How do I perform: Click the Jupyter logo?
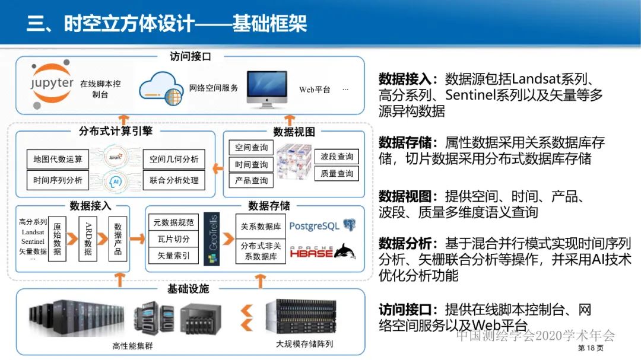(52, 82)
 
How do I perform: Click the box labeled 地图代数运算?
(58, 159)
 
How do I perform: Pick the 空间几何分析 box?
(174, 159)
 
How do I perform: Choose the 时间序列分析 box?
(58, 180)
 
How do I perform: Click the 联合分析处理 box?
(174, 180)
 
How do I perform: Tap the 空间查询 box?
(251, 148)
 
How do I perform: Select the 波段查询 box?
(337, 157)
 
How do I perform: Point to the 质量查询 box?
(337, 173)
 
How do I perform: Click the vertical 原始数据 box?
(57, 238)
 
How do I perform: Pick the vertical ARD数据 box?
(88, 238)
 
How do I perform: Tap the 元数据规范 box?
(173, 222)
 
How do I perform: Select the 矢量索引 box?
(173, 256)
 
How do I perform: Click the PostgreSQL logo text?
(315, 226)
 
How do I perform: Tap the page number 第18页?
(591, 348)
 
